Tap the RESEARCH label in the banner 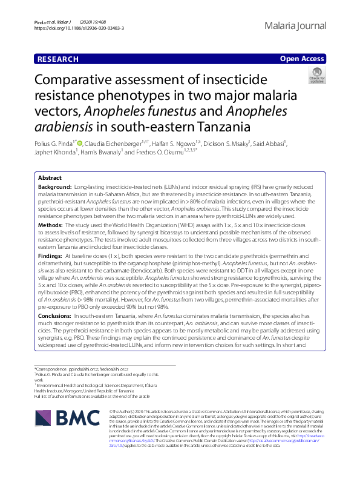[57, 59]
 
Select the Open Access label [303, 59]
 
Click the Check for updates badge [316, 75]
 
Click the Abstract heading [50, 178]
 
